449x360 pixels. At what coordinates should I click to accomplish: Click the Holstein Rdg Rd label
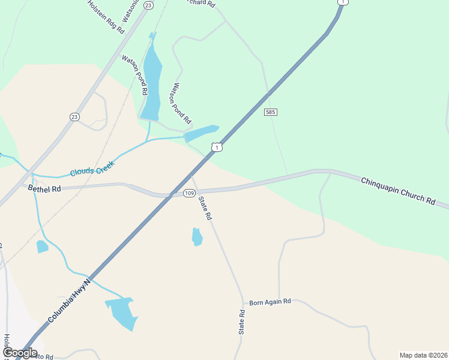pos(106,16)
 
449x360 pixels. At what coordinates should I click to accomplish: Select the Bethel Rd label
pos(44,188)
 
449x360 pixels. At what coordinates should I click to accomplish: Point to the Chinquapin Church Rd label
pos(398,191)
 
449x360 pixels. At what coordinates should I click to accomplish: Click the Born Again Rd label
pos(270,301)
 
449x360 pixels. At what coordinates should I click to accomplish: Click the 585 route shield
pos(270,112)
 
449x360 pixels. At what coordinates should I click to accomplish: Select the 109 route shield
pos(189,193)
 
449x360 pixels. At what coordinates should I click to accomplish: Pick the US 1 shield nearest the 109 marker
pos(217,147)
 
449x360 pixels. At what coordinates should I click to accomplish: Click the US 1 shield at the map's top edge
pos(342,2)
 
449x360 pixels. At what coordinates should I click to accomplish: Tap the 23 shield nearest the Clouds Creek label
pos(74,116)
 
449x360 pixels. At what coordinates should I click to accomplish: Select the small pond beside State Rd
pos(197,236)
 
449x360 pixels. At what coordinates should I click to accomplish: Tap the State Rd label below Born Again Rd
pos(242,322)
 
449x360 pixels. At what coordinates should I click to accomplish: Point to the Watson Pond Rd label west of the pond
pos(135,75)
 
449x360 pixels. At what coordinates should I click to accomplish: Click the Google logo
pos(19,353)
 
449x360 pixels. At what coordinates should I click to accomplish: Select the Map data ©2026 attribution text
pos(423,355)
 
